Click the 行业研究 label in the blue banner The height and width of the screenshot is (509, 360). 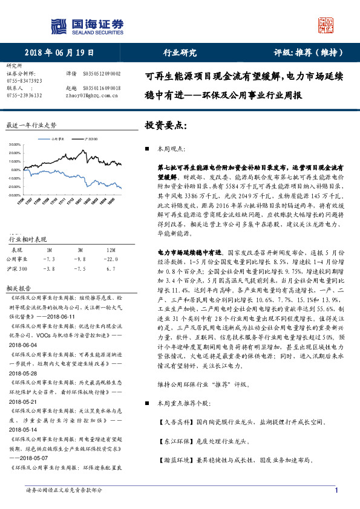pyautogui.click(x=180, y=53)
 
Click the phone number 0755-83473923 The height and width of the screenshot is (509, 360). pyautogui.click(x=24, y=80)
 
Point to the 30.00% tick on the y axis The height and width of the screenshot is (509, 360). pyautogui.click(x=15, y=146)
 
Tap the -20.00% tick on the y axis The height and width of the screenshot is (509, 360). pyautogui.click(x=15, y=196)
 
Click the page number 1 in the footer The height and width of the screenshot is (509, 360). pyautogui.click(x=336, y=491)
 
